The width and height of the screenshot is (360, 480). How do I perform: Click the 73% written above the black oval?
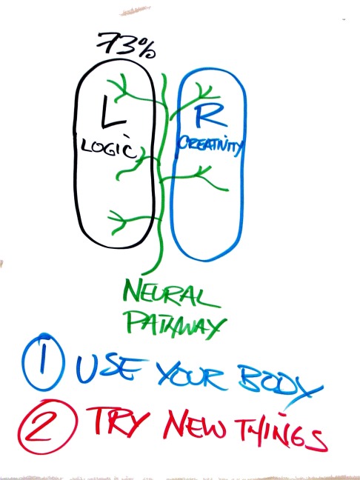pyautogui.click(x=126, y=45)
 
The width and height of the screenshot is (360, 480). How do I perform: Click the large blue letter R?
pyautogui.click(x=210, y=117)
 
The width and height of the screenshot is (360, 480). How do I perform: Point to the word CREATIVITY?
pyautogui.click(x=210, y=146)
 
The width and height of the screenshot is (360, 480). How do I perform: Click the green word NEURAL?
pyautogui.click(x=171, y=295)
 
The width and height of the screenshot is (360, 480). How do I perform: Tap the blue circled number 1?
pyautogui.click(x=43, y=362)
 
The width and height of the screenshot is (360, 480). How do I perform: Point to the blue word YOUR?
pyautogui.click(x=192, y=376)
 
